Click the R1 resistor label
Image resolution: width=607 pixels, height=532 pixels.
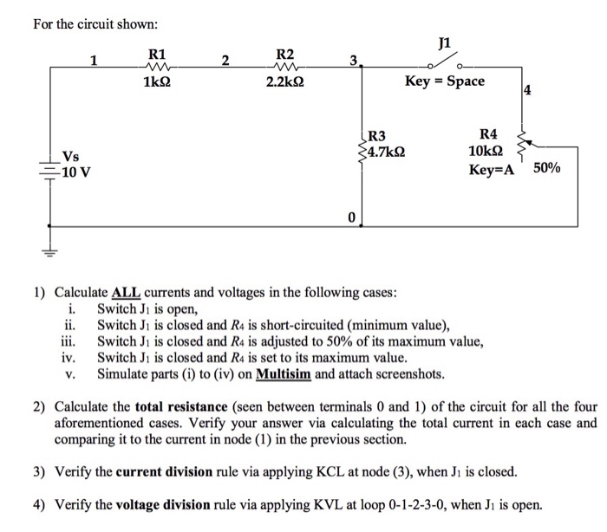coord(158,54)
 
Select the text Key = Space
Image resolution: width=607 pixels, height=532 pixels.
coord(445,81)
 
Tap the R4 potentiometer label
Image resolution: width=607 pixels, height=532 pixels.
coord(488,134)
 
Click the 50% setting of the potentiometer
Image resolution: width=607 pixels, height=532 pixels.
coord(547,168)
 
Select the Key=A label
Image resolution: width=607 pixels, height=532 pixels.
coord(492,170)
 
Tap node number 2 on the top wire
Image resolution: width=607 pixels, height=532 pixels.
coord(225,60)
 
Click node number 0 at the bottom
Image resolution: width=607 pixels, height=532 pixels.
coord(351,217)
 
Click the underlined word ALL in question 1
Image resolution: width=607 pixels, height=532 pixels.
coord(126,293)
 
